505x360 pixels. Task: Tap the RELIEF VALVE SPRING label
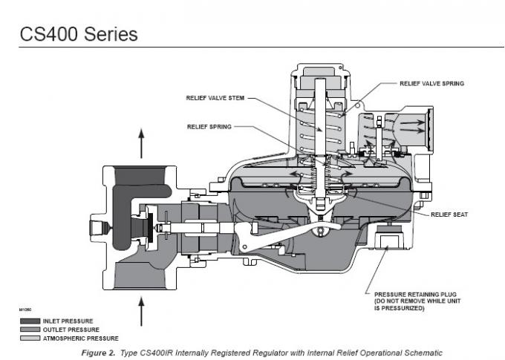(x=431, y=83)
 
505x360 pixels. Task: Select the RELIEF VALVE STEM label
(x=214, y=97)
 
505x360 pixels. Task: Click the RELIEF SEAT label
(x=449, y=215)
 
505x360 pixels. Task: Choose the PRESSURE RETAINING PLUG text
(x=420, y=294)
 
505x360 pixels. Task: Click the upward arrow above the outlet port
(x=142, y=141)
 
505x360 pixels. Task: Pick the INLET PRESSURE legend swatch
(x=30, y=321)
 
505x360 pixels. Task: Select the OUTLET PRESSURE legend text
(x=71, y=330)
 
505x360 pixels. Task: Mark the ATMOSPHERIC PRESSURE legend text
(x=76, y=338)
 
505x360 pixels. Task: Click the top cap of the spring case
(x=321, y=71)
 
